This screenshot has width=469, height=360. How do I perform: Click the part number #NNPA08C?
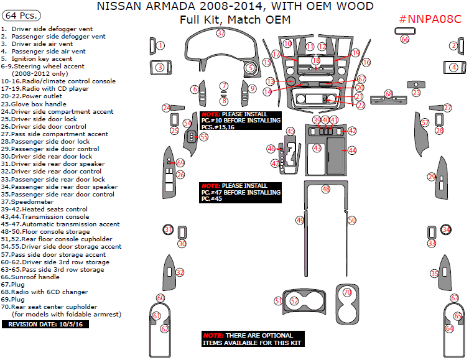pyautogui.click(x=430, y=18)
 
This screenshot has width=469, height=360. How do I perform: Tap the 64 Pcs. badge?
pyautogui.click(x=20, y=14)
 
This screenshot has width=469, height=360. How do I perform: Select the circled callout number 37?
pyautogui.click(x=220, y=34)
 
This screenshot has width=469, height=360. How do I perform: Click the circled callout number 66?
pyautogui.click(x=405, y=39)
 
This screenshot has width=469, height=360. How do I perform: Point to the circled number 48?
pyautogui.click(x=325, y=188)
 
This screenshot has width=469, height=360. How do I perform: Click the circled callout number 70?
pyautogui.click(x=348, y=292)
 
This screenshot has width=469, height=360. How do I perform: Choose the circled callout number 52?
pyautogui.click(x=294, y=301)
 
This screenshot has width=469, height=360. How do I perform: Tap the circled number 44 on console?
pyautogui.click(x=352, y=150)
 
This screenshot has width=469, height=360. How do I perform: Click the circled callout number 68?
pyautogui.click(x=389, y=94)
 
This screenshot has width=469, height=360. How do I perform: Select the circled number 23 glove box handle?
pyautogui.click(x=416, y=93)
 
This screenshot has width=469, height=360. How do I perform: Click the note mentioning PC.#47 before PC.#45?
pyautogui.click(x=240, y=192)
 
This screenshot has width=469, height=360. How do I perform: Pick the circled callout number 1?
pyautogui.click(x=160, y=45)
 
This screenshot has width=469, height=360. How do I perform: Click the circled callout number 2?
pyautogui.click(x=453, y=45)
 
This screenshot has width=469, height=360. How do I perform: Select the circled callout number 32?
pyautogui.click(x=180, y=272)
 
